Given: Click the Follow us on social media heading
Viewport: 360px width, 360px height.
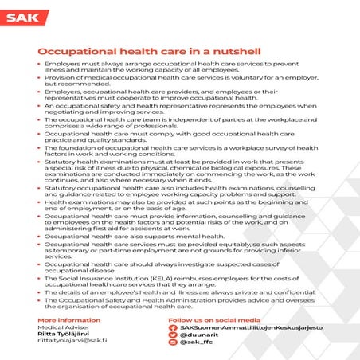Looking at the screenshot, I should (215, 320).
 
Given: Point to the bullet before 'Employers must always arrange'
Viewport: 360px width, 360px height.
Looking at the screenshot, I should (40, 61).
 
